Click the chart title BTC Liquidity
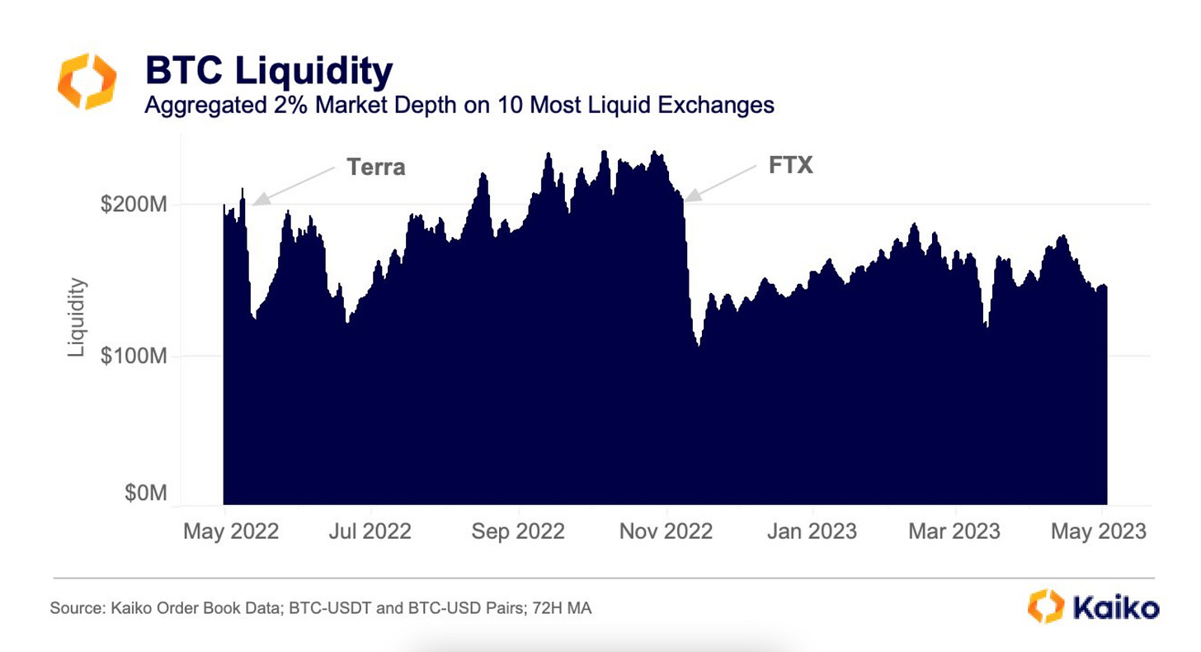269,72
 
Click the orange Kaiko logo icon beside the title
87,81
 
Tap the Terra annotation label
376,167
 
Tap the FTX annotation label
790,165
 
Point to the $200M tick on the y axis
134,204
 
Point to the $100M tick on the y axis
134,357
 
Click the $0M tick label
145,493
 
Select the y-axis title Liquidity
77,318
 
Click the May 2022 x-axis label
231,531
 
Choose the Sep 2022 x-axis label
518,531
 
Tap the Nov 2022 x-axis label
666,531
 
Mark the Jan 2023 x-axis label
812,531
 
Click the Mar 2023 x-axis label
954,531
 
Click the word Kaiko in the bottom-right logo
1116,607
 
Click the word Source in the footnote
73,609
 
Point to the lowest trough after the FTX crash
699,346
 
